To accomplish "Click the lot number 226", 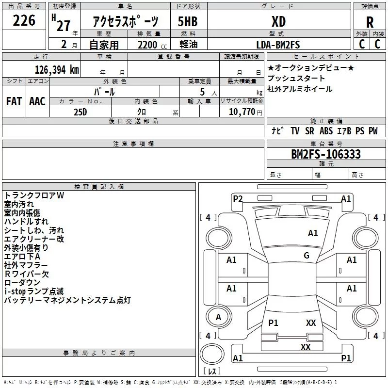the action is pyautogui.click(x=24, y=21).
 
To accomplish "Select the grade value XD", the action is pyautogui.click(x=278, y=21).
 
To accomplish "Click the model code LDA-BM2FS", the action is pyautogui.click(x=278, y=45).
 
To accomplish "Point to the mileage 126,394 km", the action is pyautogui.click(x=56, y=69).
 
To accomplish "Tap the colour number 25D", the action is pyautogui.click(x=81, y=112).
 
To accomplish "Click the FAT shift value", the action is pyautogui.click(x=14, y=101).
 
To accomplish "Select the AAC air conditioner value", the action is pyautogui.click(x=37, y=101).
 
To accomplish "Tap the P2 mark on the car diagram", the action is pyautogui.click(x=238, y=198).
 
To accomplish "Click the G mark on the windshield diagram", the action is pyautogui.click(x=307, y=255).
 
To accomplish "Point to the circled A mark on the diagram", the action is pyautogui.click(x=219, y=317).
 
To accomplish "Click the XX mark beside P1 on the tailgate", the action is pyautogui.click(x=311, y=323).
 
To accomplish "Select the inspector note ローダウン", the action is pyautogui.click(x=22, y=283).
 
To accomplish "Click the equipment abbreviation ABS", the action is pyautogui.click(x=326, y=131).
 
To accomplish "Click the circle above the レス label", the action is pyautogui.click(x=212, y=354).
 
